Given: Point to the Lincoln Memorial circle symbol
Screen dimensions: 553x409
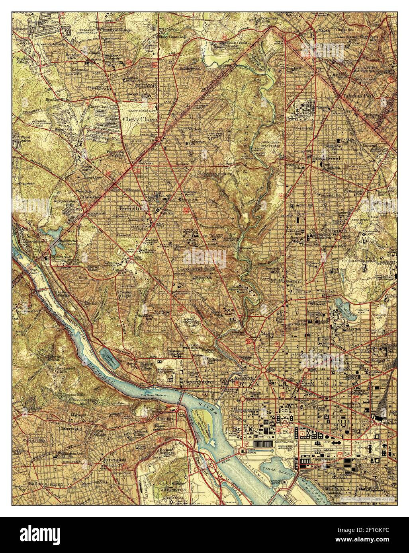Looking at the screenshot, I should click(x=243, y=450).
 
